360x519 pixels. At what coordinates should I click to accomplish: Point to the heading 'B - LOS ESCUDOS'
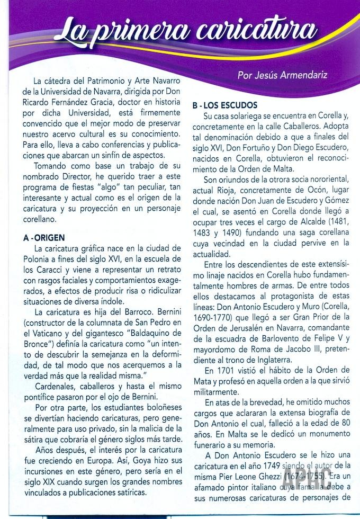[x=224, y=105]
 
